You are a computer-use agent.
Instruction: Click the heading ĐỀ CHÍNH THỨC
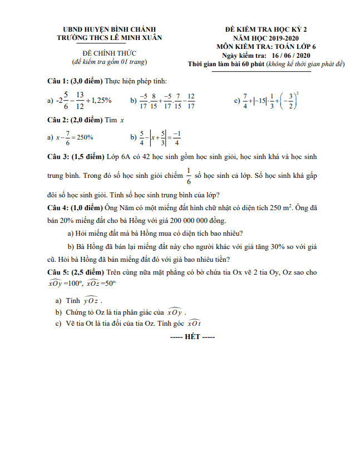pos(110,52)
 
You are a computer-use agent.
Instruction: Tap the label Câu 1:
pos(57,82)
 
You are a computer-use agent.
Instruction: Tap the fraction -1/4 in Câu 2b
pos(176,137)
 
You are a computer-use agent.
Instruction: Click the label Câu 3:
pos(57,157)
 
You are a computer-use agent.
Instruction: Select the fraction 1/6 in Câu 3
pos(188,176)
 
